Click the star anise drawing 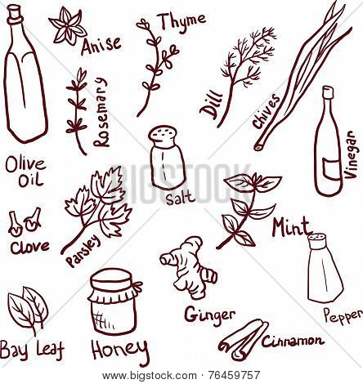click(68, 27)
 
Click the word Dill click(210, 106)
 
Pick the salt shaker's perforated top click(163, 134)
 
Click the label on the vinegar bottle click(331, 167)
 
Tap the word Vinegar click(350, 154)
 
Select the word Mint click(291, 226)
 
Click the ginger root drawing click(188, 268)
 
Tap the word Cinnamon click(294, 341)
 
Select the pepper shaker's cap click(318, 240)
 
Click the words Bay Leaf click(32, 349)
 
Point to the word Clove click(30, 247)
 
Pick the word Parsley click(83, 250)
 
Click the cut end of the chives click(258, 147)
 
